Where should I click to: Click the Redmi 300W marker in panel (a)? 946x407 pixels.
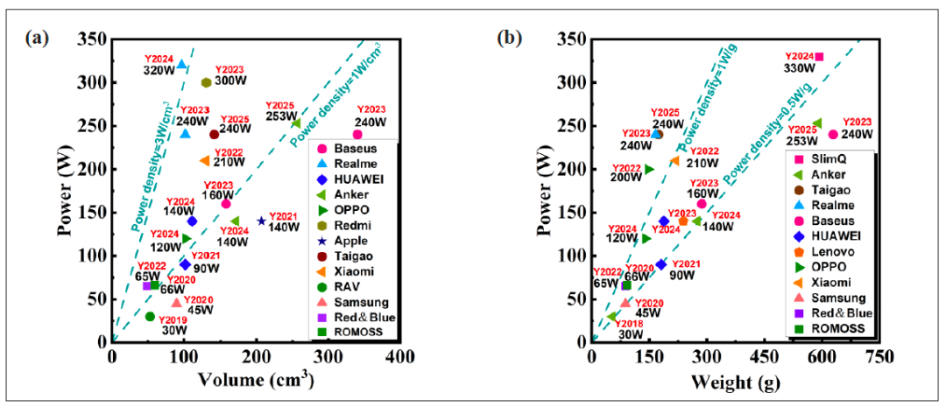[207, 82]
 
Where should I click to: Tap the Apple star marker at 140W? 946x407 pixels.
[261, 221]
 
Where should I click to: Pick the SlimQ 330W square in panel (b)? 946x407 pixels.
[819, 57]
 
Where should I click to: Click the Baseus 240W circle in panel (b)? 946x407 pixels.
[833, 135]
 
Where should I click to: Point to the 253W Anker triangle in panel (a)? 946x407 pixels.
[296, 123]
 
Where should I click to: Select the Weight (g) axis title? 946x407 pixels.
[737, 382]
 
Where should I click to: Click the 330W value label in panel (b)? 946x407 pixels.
[798, 68]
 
